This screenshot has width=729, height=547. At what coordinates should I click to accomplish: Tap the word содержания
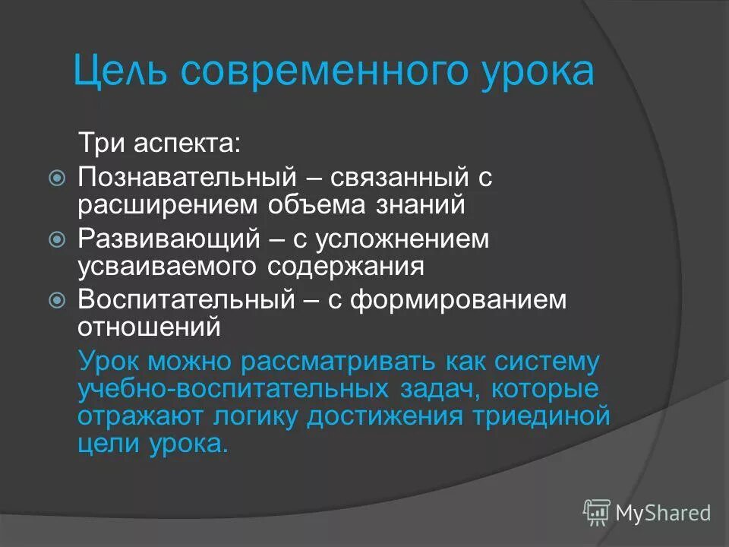click(349, 266)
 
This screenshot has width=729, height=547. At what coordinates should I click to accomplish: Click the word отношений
click(150, 327)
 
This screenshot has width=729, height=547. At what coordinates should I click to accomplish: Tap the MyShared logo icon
click(597, 513)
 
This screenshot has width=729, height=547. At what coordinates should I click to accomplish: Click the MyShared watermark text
click(663, 514)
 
